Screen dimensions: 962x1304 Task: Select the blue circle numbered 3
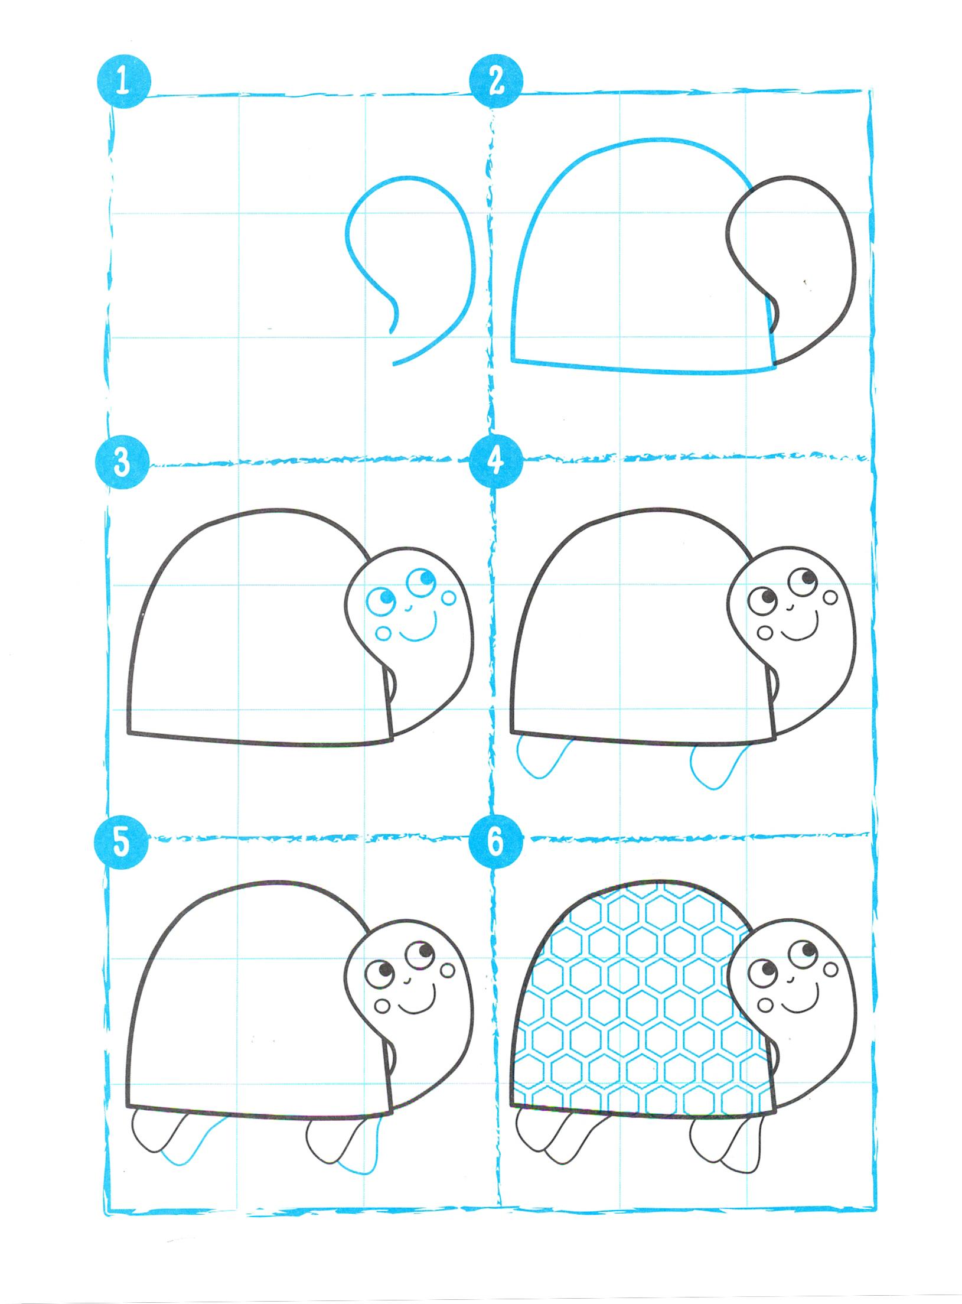pos(122,461)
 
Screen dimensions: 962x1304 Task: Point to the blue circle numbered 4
pos(495,461)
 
